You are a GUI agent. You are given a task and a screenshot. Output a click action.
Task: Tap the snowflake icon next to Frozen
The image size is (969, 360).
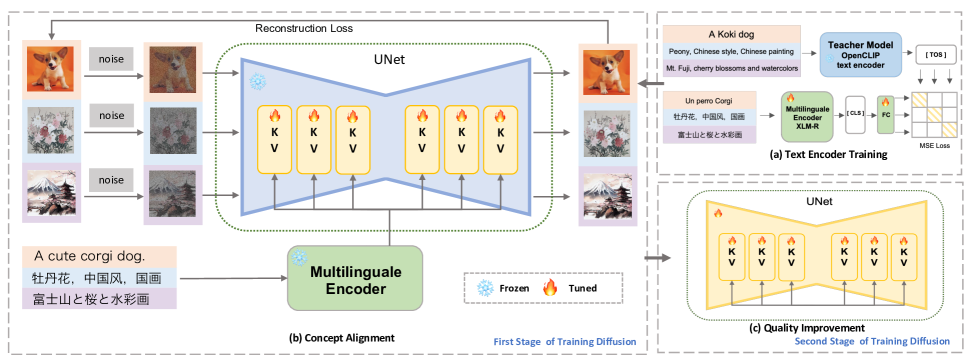tap(486, 286)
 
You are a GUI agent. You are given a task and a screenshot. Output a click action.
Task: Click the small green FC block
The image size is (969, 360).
tap(884, 113)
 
